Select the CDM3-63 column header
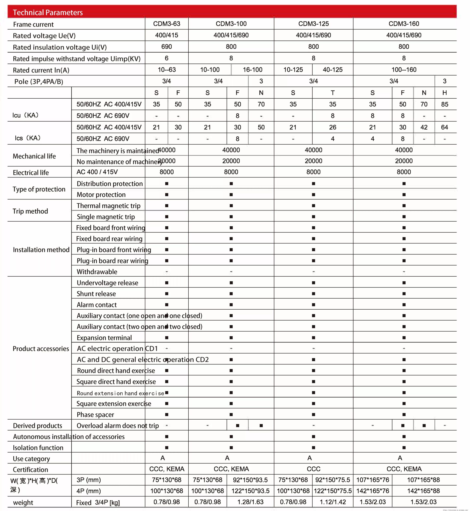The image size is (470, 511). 167,24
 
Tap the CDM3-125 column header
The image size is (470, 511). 313,24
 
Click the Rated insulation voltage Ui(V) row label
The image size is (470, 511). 60,47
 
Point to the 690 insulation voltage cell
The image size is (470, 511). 167,47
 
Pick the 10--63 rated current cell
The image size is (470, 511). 167,70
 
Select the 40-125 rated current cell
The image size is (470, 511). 332,70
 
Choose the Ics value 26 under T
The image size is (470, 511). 332,127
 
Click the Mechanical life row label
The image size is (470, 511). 34,156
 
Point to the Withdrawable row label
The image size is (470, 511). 97,272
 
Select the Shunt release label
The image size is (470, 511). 96,294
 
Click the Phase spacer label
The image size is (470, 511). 95,415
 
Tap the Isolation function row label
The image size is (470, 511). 38,448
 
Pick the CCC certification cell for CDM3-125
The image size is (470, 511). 313,469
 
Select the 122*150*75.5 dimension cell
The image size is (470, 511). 332,491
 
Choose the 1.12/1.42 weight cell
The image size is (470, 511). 332,502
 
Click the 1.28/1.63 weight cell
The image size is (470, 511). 250,502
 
